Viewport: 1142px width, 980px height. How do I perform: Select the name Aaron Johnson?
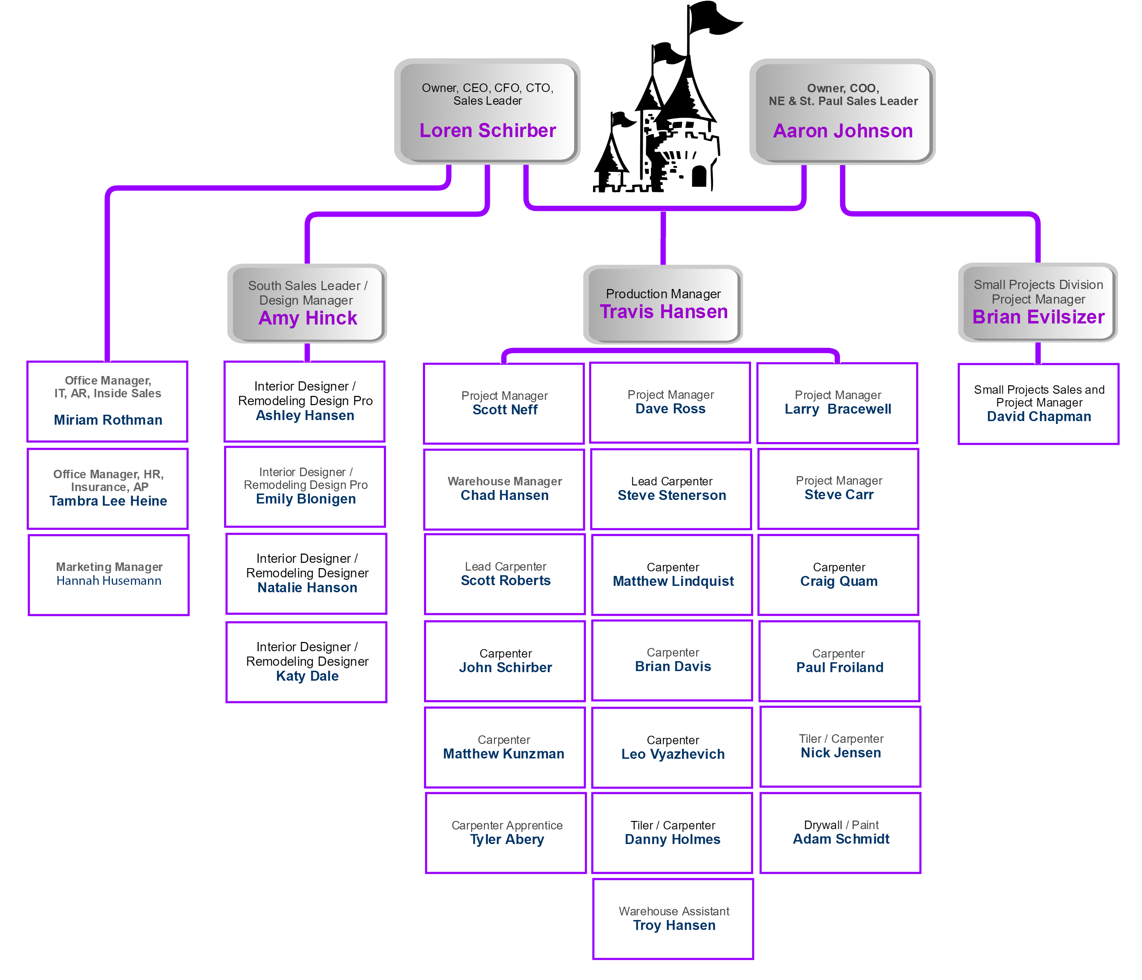(843, 131)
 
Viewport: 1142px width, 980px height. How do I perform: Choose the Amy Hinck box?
(307, 303)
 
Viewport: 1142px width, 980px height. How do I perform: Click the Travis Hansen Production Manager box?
(663, 304)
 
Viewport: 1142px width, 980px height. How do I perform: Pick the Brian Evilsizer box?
(1038, 302)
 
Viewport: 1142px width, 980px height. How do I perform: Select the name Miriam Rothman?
(108, 420)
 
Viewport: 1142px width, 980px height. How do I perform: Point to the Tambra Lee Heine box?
(108, 488)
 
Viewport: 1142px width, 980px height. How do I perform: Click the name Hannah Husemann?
(109, 581)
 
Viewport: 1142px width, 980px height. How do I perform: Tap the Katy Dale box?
(306, 662)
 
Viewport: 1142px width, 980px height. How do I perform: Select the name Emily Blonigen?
(306, 499)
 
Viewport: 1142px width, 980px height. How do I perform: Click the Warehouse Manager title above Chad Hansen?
(505, 481)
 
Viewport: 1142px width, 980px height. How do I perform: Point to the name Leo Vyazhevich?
(673, 754)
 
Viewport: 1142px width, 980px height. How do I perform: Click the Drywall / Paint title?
(841, 825)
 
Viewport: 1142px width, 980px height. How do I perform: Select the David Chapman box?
(1038, 403)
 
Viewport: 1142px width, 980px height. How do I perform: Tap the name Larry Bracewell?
(838, 409)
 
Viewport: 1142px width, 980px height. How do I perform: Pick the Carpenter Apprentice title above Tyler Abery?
(507, 825)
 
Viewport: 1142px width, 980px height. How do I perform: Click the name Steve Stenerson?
(672, 495)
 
